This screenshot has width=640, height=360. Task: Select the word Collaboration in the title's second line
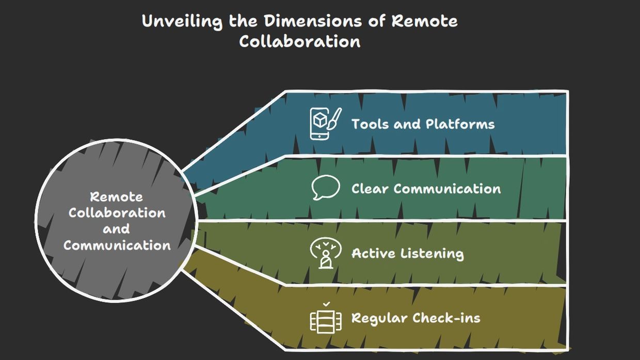pos(299,41)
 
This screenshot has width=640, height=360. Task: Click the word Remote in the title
pos(424,21)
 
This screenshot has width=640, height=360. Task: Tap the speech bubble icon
pos(326,187)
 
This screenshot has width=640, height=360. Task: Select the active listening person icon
pos(326,253)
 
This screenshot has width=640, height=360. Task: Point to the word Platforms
pos(460,124)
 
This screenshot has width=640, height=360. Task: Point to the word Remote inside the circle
pos(117,197)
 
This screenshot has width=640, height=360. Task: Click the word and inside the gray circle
pos(116,229)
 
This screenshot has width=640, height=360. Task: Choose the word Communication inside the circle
pos(117,245)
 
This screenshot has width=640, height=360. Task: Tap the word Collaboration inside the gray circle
pos(117,213)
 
